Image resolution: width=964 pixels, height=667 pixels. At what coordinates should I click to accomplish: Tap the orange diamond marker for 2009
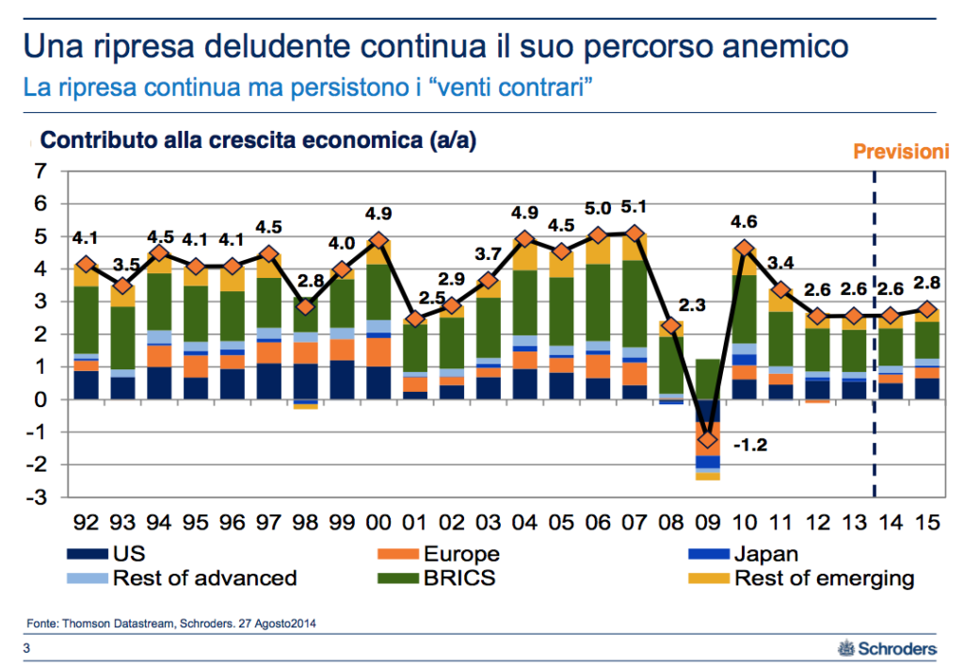click(x=708, y=440)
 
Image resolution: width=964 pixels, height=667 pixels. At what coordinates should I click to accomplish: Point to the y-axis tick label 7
click(x=40, y=171)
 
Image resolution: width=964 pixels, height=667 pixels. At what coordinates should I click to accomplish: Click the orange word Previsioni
click(x=900, y=151)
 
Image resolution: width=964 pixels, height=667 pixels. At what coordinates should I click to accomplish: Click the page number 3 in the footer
click(x=27, y=648)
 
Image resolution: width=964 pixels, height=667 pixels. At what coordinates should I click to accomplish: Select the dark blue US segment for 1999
click(x=343, y=380)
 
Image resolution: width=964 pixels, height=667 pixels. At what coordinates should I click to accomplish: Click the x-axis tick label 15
click(x=927, y=521)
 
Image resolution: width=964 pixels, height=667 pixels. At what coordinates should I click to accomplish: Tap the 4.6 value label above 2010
click(x=746, y=222)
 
